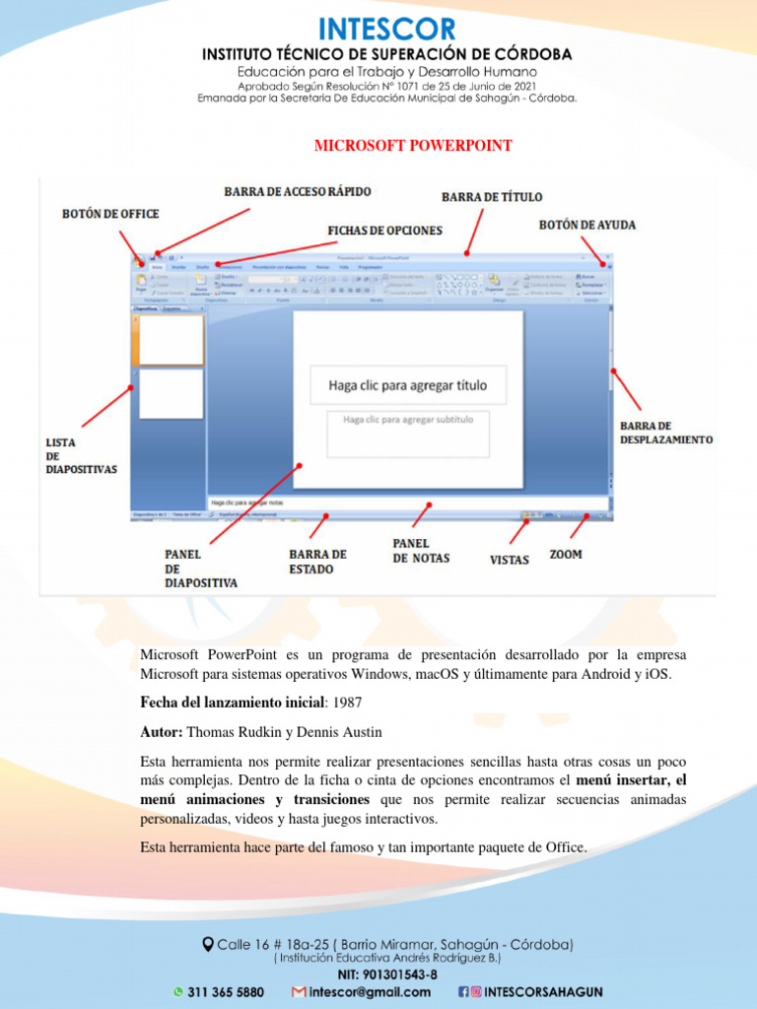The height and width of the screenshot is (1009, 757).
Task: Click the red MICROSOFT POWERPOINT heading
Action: pos(412,146)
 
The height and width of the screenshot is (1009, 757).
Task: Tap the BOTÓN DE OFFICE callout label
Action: pos(110,214)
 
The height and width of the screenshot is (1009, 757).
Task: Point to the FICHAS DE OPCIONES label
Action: pos(384,230)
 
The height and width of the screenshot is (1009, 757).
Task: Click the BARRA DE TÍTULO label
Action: pos(492,197)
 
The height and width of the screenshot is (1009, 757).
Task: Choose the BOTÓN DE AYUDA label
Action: pos(587,225)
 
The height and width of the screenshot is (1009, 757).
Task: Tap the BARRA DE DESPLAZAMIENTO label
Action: pos(665,433)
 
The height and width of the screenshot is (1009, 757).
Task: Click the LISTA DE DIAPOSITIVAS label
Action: pos(81,456)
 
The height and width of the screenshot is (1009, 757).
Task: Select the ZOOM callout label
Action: pos(566,555)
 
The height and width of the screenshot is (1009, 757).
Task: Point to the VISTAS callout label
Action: pos(510,560)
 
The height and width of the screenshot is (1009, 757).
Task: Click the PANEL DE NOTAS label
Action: pos(421,551)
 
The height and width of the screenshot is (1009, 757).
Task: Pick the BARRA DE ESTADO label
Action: pos(317,561)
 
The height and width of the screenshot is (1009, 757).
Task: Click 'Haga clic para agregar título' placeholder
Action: pos(407,385)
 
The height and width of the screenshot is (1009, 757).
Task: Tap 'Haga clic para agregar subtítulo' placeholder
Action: pos(408,420)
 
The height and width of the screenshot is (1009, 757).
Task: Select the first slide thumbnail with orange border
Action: pos(171,340)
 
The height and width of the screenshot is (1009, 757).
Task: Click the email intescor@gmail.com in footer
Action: pos(369,992)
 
